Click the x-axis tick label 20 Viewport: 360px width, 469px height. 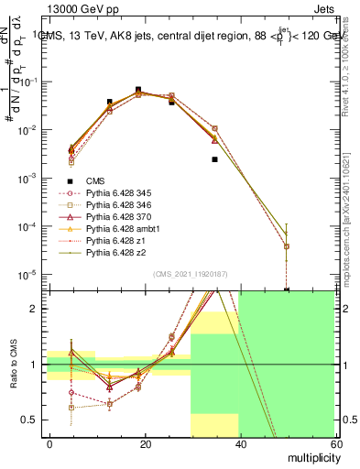(x=145, y=443)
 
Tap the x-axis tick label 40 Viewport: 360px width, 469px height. (x=240, y=443)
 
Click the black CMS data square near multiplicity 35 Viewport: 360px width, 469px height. (x=214, y=159)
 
